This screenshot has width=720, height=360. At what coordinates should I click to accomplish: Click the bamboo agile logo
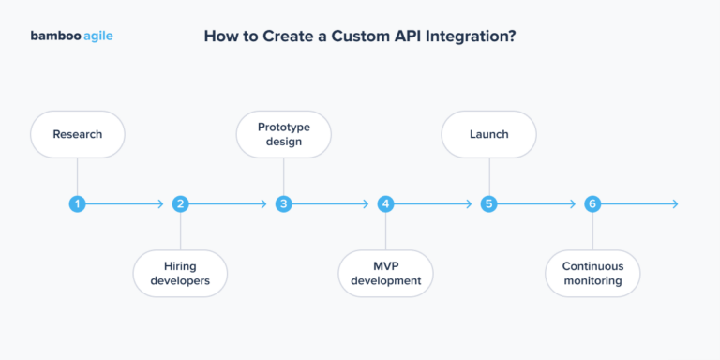(x=72, y=37)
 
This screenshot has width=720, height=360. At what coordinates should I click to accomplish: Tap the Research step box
(x=77, y=134)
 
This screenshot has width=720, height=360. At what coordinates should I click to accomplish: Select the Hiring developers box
(x=180, y=273)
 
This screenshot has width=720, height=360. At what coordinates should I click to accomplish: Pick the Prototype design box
(x=283, y=134)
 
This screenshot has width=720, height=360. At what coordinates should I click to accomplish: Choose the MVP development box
(x=386, y=273)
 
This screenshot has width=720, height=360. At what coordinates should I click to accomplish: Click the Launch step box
(x=488, y=134)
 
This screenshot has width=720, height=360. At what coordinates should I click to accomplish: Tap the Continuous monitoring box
(x=592, y=273)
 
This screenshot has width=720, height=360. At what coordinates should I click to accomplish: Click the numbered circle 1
(x=77, y=203)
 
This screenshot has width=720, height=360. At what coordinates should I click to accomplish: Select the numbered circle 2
(x=180, y=203)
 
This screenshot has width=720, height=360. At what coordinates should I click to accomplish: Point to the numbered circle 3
(x=283, y=203)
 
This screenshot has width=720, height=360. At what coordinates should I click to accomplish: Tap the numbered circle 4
(x=386, y=203)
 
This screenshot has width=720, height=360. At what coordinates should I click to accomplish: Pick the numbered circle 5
(x=488, y=203)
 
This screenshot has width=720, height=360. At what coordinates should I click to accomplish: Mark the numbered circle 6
(x=592, y=203)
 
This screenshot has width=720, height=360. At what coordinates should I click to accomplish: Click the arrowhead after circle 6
(x=674, y=203)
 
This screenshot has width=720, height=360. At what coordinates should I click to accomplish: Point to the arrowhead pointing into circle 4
(x=366, y=203)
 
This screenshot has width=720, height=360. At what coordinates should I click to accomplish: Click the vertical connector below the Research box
(x=77, y=176)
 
